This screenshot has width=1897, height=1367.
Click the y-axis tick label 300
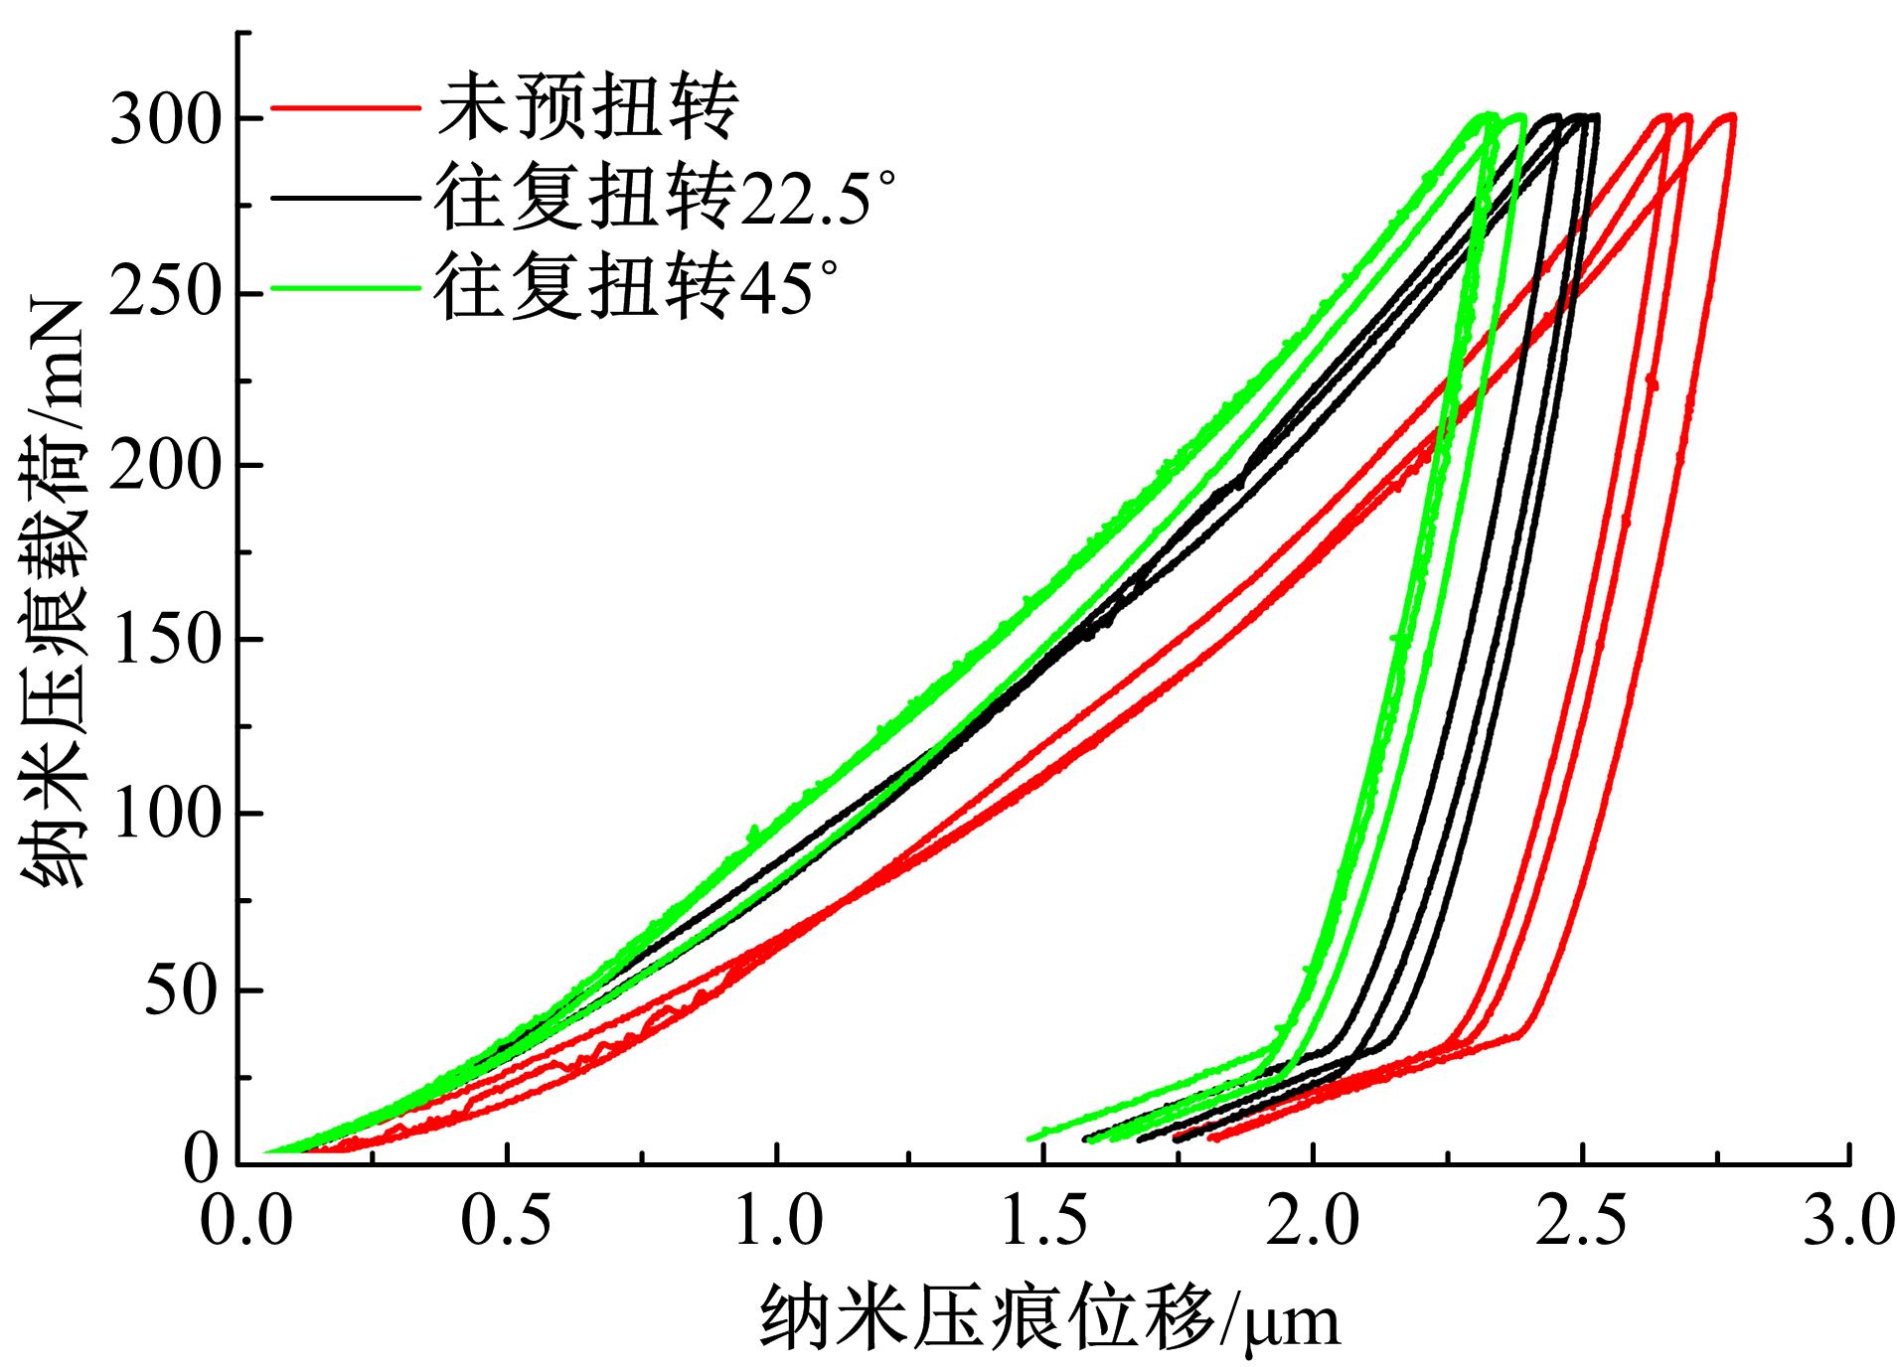[164, 119]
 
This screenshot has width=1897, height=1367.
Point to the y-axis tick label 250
[164, 294]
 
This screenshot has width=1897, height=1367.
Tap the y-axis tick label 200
[164, 466]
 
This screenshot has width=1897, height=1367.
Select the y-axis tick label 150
[164, 641]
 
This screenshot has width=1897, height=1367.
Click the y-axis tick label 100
[164, 815]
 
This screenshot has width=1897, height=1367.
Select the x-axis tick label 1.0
[778, 1221]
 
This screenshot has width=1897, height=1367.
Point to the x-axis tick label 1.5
[1045, 1221]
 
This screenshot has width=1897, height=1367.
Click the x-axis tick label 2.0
[1314, 1221]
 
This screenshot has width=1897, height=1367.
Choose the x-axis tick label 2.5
[1582, 1221]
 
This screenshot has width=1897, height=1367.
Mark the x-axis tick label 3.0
[1849, 1221]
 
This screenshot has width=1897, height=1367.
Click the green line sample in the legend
[342, 288]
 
